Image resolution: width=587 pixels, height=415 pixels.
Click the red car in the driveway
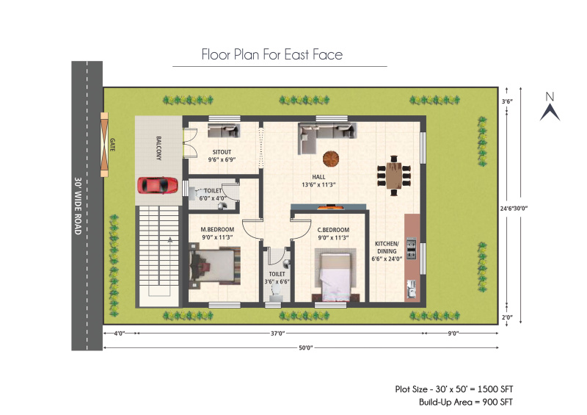(158, 185)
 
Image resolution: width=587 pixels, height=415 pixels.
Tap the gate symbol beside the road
(104, 144)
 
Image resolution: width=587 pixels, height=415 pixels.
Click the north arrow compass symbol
(550, 107)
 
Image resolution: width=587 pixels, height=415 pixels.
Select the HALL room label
(318, 177)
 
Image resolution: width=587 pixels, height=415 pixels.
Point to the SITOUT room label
(222, 152)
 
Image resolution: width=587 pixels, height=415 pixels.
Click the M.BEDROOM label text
(217, 229)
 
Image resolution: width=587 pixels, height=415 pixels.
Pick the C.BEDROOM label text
(333, 230)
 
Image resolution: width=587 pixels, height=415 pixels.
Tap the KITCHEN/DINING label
(387, 248)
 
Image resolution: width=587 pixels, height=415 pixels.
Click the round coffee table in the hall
(331, 158)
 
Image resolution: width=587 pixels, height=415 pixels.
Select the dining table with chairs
(394, 176)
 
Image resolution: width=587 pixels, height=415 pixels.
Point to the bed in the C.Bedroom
(335, 275)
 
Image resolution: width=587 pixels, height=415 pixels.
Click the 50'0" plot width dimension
(305, 348)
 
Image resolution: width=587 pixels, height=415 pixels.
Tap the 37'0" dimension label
(278, 333)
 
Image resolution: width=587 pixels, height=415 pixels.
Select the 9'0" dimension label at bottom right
(453, 333)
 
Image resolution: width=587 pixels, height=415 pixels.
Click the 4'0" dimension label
(119, 333)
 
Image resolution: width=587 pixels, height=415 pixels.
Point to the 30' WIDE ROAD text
(78, 206)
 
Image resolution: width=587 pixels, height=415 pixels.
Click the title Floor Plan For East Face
(272, 55)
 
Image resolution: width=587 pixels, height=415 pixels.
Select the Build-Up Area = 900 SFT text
(466, 403)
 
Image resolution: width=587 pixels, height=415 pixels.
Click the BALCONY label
(158, 148)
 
